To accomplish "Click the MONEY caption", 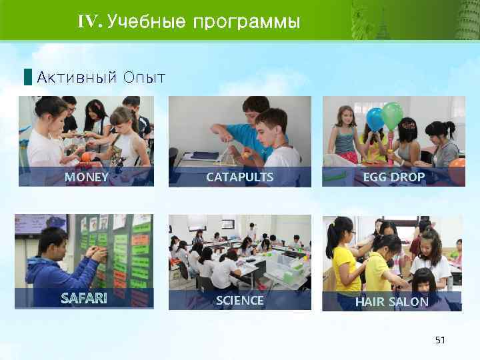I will pyautogui.click(x=86, y=177).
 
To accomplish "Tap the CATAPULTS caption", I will pyautogui.click(x=239, y=177).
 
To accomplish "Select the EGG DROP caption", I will pyautogui.click(x=393, y=177).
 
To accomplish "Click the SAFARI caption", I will pyautogui.click(x=83, y=298).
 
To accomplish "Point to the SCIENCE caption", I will pyautogui.click(x=239, y=301).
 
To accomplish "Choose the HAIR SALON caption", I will pyautogui.click(x=391, y=302).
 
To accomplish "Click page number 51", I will pyautogui.click(x=439, y=340).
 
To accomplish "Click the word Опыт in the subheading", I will pyautogui.click(x=144, y=77).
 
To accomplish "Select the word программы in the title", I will pyautogui.click(x=247, y=23).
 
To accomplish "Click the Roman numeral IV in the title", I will pyautogui.click(x=88, y=23).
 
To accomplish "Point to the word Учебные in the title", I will pyautogui.click(x=147, y=23).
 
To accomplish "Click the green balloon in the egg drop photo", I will pyautogui.click(x=392, y=115).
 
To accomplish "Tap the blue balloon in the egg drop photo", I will pyautogui.click(x=375, y=118).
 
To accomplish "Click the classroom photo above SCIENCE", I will pyautogui.click(x=239, y=253).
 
